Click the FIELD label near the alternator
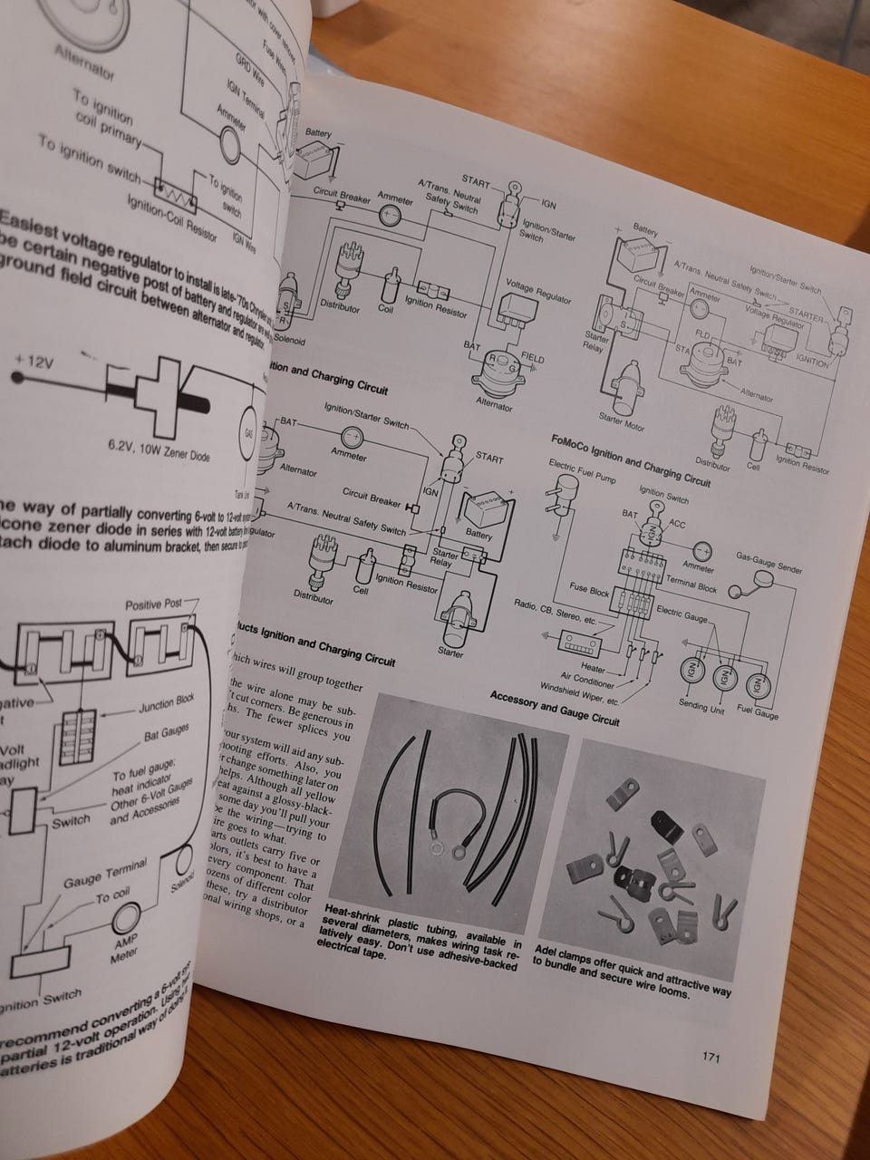click(x=532, y=359)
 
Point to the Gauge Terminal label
click(x=104, y=878)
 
